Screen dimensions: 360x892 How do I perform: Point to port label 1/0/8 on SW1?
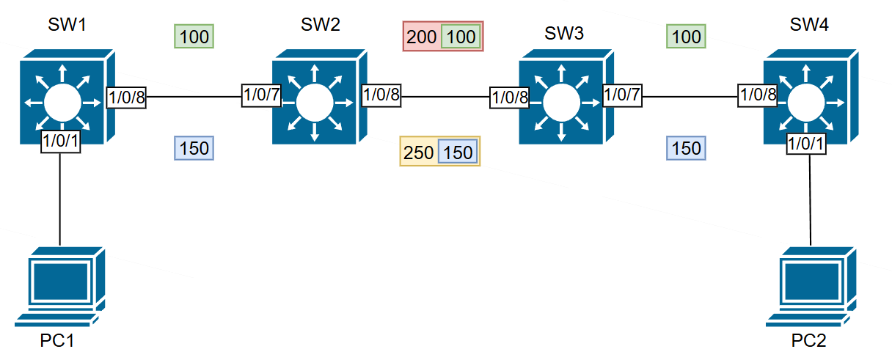127,95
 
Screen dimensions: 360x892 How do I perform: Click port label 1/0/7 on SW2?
262,95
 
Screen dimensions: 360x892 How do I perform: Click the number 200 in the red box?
422,37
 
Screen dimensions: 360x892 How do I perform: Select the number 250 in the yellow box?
419,152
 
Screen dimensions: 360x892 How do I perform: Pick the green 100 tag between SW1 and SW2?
194,36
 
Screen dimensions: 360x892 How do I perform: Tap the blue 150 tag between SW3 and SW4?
686,148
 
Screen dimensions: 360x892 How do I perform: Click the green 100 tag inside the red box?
461,37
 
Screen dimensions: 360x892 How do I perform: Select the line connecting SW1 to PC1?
59,198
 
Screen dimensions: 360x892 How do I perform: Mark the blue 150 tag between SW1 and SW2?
194,148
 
